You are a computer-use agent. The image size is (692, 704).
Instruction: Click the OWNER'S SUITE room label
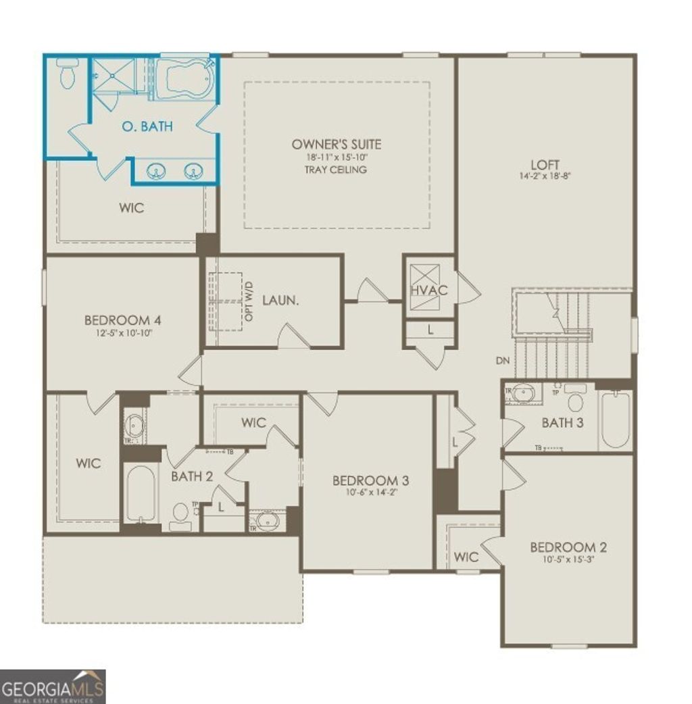[x=336, y=144]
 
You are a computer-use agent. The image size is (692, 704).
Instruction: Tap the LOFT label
[x=545, y=164]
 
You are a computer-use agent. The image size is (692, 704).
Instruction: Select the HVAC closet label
[x=424, y=291]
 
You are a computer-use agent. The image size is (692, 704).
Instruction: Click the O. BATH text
[x=147, y=126]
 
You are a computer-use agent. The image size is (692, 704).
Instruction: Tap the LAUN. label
[x=280, y=300]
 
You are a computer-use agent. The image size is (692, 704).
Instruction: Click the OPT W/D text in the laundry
[x=249, y=302]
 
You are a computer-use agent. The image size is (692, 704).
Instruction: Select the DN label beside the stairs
[x=502, y=361]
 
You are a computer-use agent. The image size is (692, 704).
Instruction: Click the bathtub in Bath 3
[x=615, y=420]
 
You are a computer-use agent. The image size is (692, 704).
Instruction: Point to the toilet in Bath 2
[x=180, y=513]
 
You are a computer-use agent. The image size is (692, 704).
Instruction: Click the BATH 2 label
[x=192, y=476]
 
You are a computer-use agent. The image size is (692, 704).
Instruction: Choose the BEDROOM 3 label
[x=370, y=480]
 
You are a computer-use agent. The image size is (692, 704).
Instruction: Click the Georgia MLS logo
[x=53, y=686]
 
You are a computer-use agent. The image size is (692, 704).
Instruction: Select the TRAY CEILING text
[x=336, y=170]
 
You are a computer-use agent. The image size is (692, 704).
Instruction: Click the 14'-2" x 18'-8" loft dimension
[x=545, y=176]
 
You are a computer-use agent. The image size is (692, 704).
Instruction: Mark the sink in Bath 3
[x=522, y=393]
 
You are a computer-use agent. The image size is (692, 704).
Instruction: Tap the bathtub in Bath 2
[x=141, y=493]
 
